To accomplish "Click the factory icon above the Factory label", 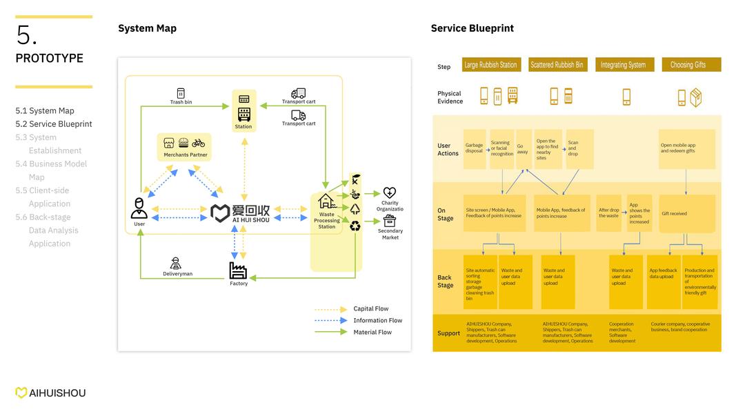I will coord(238,270).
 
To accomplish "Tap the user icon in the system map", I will coord(139,208).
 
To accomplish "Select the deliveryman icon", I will coord(177,263).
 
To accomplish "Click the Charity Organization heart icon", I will coord(390,193).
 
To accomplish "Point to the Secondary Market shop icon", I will coord(390,221).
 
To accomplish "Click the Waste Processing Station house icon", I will coord(326,201).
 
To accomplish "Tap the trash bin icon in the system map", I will coord(181,93).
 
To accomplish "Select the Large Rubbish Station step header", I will coord(490,65).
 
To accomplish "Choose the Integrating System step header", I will coord(623,65).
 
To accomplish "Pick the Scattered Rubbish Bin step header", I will coord(557,65).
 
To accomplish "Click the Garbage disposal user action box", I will coord(475,148).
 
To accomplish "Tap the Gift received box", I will coord(686,214).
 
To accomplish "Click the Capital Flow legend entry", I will coord(370,309).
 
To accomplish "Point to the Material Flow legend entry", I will coord(372,332).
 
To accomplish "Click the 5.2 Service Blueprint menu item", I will coord(54,124).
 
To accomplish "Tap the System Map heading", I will coord(147,28).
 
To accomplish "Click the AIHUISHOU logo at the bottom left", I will coord(51,393).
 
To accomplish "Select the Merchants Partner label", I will coord(185,155).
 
